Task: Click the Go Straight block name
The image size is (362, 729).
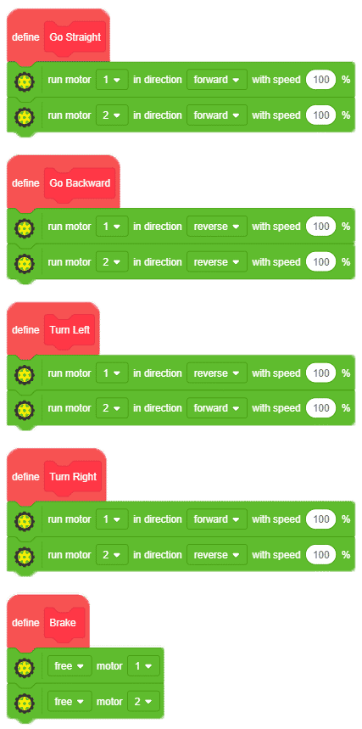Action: [x=75, y=37]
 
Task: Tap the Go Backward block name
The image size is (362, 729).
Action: [x=80, y=183]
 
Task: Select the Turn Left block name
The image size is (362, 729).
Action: [x=70, y=330]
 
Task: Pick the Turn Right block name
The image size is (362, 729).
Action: [x=73, y=477]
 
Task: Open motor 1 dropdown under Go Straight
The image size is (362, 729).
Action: [x=112, y=80]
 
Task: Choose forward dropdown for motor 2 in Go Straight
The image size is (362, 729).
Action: [x=217, y=115]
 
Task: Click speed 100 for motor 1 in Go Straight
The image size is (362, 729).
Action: [x=320, y=80]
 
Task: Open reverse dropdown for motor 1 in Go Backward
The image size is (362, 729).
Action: [x=217, y=227]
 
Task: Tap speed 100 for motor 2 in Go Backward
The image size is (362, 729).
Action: [x=320, y=262]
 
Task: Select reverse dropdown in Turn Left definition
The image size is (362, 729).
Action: [x=217, y=373]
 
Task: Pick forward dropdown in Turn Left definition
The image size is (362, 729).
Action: [x=217, y=408]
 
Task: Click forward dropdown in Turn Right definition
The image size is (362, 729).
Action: [x=217, y=519]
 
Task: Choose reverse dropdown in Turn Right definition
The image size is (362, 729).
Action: [x=217, y=555]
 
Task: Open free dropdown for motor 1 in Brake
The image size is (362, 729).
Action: [x=70, y=666]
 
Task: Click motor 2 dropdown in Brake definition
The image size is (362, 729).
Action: [x=143, y=702]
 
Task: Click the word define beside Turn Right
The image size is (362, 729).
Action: [x=25, y=477]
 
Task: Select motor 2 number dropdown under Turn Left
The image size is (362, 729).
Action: [x=112, y=408]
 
